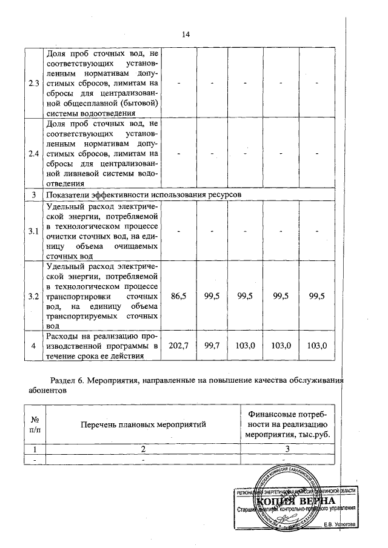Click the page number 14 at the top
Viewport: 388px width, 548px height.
pyautogui.click(x=187, y=35)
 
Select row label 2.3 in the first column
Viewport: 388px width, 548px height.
pyautogui.click(x=34, y=82)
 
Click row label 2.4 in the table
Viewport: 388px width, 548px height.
pyautogui.click(x=34, y=153)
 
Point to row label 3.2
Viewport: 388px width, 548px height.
pyautogui.click(x=34, y=295)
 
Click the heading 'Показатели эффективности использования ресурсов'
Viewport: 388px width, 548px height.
pyautogui.click(x=143, y=195)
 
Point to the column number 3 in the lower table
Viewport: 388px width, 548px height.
pyautogui.click(x=287, y=449)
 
